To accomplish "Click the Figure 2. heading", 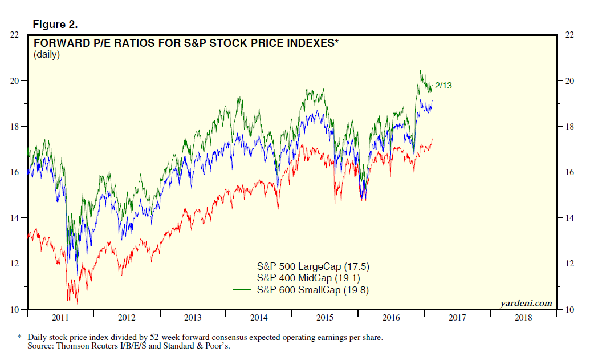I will coord(55,25).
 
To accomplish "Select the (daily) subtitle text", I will coord(47,55).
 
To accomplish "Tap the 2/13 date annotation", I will coord(443,86).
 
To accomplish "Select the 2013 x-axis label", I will coord(193,318).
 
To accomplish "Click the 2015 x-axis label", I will coord(325,318).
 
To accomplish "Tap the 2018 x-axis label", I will coord(523,318).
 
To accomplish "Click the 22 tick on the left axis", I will coord(15,35).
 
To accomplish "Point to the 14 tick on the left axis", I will coord(15,218).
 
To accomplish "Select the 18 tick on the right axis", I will coord(569,127).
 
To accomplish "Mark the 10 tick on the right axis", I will coord(569,310).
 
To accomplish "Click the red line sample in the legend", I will coord(242,267).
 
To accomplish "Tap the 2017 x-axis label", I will coord(457,318).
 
